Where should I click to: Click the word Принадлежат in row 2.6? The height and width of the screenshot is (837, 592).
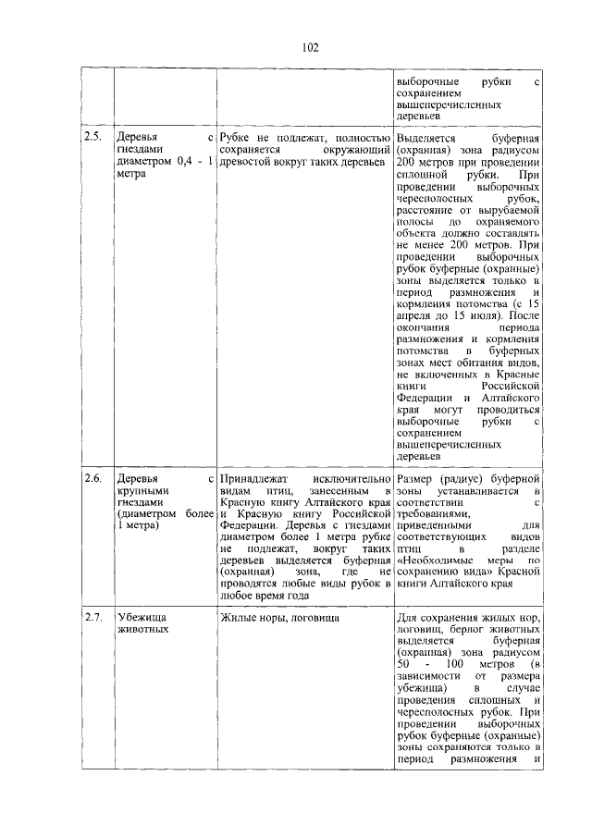(x=253, y=479)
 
